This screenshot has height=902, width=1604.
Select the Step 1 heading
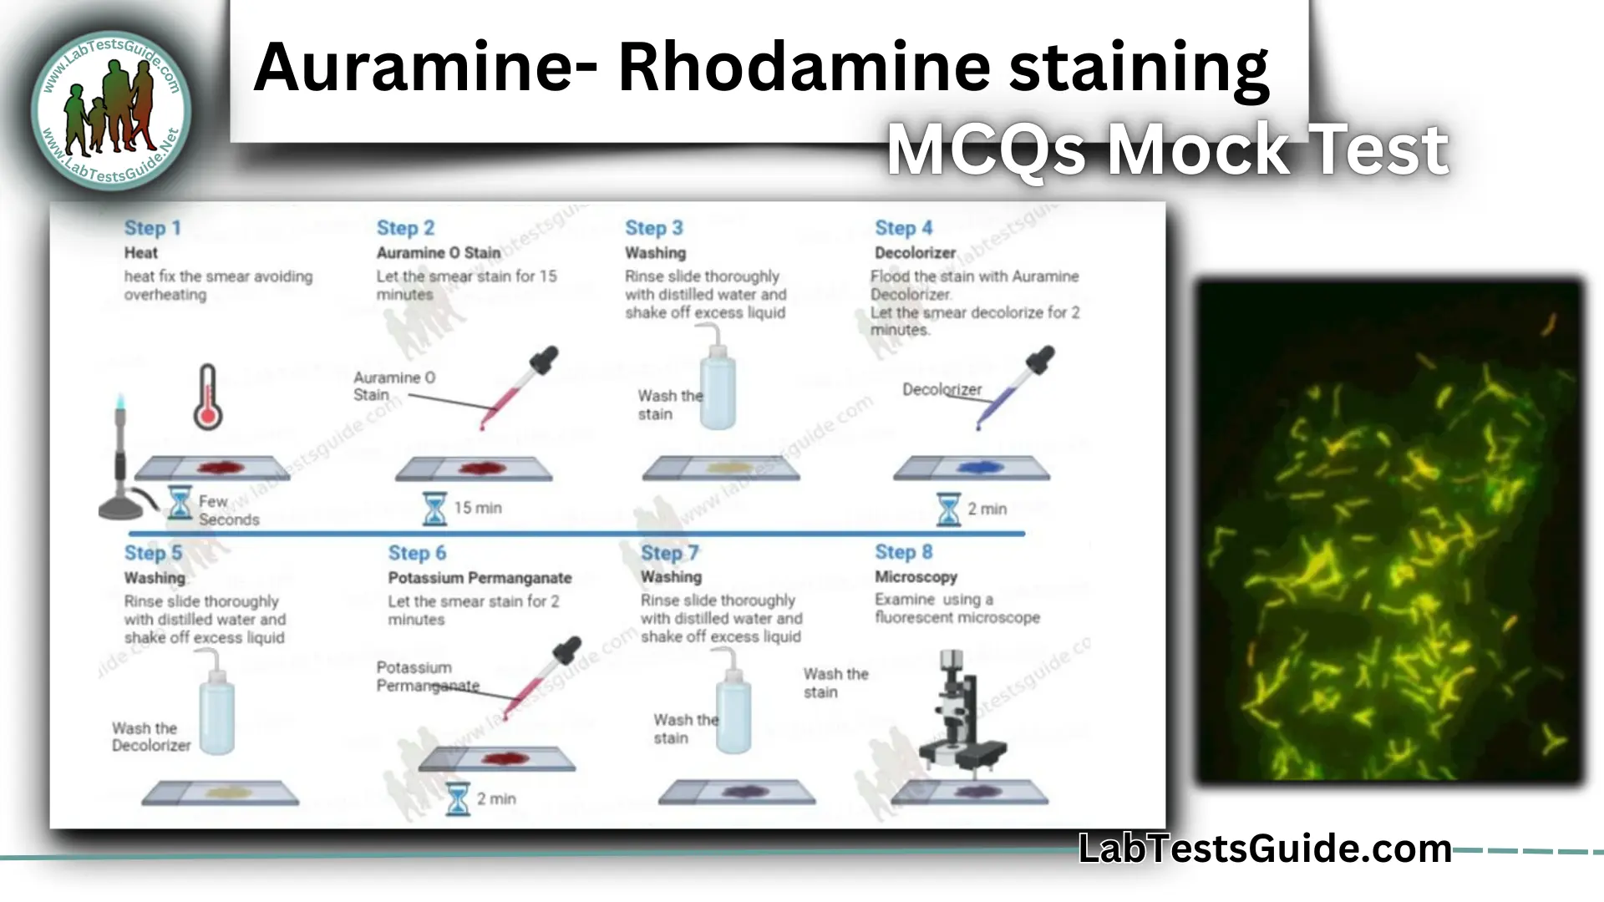click(x=152, y=228)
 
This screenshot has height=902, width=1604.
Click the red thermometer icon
click(x=207, y=398)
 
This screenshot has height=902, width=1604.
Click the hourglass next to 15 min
click(x=434, y=508)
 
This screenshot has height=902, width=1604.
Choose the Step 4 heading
click(x=903, y=228)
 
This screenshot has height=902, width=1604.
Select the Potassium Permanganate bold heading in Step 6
click(x=480, y=578)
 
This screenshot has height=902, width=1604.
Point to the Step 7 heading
click(x=669, y=553)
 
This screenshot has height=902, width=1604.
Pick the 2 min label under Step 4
click(x=987, y=509)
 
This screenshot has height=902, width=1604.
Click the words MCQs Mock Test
click(x=1166, y=150)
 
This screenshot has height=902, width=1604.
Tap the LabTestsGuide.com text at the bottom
click(x=1265, y=849)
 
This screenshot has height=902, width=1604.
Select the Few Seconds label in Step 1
click(x=228, y=510)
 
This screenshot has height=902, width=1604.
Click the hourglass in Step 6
click(x=458, y=799)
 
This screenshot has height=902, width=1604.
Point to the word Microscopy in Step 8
click(x=916, y=577)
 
